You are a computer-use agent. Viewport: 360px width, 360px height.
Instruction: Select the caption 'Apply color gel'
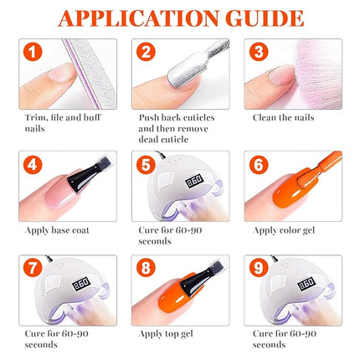(284, 229)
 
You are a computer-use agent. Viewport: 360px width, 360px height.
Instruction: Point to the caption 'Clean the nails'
(283, 117)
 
